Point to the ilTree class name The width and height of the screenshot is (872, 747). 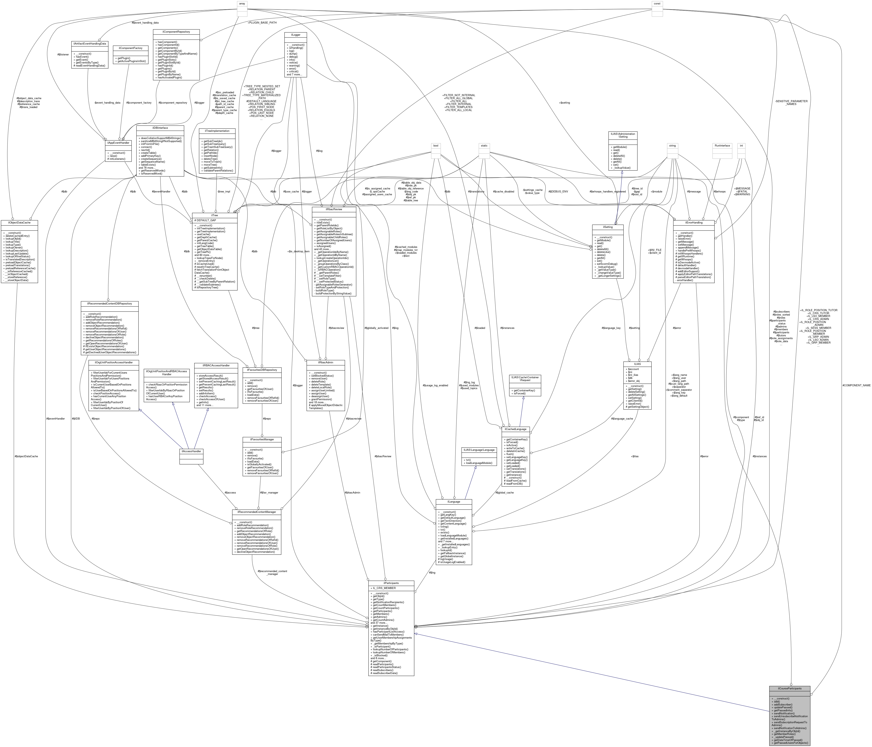click(215, 215)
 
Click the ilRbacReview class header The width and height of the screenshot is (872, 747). click(334, 209)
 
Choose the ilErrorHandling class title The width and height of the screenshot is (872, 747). click(694, 223)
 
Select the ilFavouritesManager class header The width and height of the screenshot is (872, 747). click(262, 439)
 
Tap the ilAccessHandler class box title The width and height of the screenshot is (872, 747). click(191, 451)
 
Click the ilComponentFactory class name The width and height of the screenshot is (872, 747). click(130, 48)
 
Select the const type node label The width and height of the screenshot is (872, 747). click(657, 3)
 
